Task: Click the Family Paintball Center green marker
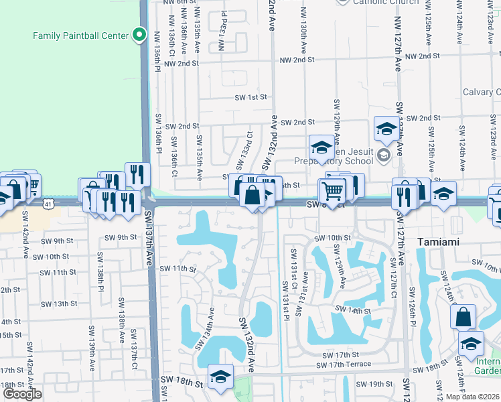coord(139,33)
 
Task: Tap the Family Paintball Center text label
coord(80,34)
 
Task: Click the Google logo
coord(21,394)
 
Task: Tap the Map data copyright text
coord(473,397)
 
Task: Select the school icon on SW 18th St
coord(220,377)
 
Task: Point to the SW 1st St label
coord(250,97)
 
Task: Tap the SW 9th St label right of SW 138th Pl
coord(121,237)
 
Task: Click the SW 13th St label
coord(59,304)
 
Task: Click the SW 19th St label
coord(374,384)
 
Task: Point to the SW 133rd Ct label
coord(244,151)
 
